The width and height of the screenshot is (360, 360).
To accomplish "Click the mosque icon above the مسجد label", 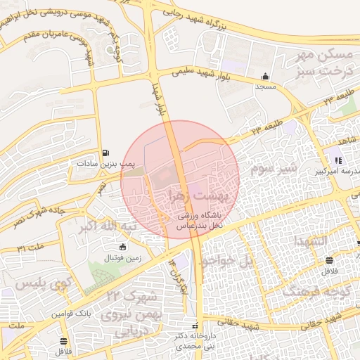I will (265, 77).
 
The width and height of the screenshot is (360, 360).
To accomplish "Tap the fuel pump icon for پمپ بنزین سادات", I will (105, 153).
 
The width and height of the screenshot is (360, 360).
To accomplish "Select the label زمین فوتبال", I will (123, 258).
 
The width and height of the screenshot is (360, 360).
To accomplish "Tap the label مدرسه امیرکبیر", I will (337, 171).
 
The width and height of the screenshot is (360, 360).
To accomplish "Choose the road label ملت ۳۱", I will (31, 247).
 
